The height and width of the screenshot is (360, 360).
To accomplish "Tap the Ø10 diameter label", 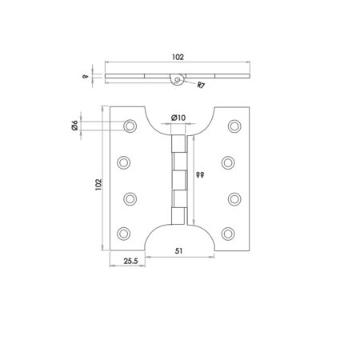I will coord(178,118).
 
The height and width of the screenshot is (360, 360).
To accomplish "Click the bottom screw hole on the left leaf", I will coord(123,233).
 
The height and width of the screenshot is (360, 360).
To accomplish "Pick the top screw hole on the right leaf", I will coord(234,126).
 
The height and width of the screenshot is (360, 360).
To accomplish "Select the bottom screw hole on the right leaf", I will coord(230,233).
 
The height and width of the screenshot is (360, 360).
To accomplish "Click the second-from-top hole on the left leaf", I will coord(123,162).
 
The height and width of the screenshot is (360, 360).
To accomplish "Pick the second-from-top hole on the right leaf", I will coord(230,162).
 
